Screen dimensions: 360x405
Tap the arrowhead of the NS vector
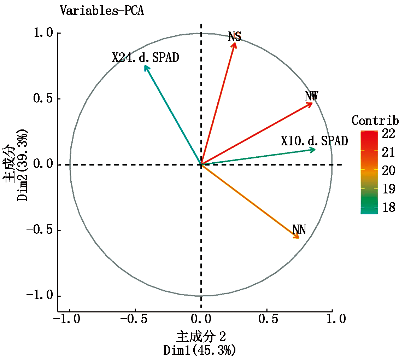tap(234, 43)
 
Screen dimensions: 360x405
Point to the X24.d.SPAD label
tap(145, 57)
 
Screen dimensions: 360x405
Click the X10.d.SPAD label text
tap(314, 141)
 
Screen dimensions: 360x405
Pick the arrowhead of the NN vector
tap(298, 237)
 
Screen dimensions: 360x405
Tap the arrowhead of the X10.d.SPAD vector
tap(314, 150)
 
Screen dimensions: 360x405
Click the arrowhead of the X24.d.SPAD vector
tap(145, 66)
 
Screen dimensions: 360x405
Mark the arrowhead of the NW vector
tap(311, 103)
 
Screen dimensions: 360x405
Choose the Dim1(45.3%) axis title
tap(199, 350)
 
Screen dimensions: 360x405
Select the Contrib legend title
tap(375, 121)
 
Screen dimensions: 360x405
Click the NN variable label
tap(299, 230)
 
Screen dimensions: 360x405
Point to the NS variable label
tap(235, 36)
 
